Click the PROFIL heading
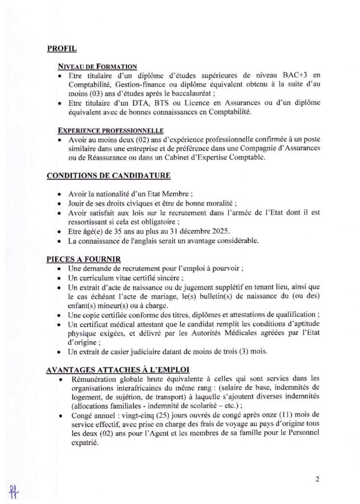click(x=62, y=49)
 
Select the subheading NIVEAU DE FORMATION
click(x=97, y=66)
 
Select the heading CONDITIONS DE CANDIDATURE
click(x=108, y=176)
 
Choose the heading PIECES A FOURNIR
click(x=83, y=259)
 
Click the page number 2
click(x=318, y=477)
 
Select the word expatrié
click(x=85, y=442)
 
